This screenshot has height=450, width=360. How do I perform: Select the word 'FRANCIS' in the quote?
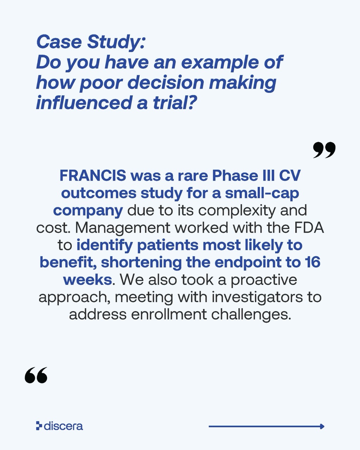coord(93,175)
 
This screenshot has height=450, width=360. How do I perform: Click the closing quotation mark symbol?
coord(324,150)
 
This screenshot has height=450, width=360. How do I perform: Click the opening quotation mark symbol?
coord(36,375)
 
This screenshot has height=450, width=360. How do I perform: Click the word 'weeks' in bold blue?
coord(88,279)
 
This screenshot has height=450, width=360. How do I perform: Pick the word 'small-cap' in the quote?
coord(262,194)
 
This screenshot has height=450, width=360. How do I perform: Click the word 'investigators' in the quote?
coord(257,297)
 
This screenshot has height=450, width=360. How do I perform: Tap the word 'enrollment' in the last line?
coord(169,314)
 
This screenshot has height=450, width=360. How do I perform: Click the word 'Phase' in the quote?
coord(235,175)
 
